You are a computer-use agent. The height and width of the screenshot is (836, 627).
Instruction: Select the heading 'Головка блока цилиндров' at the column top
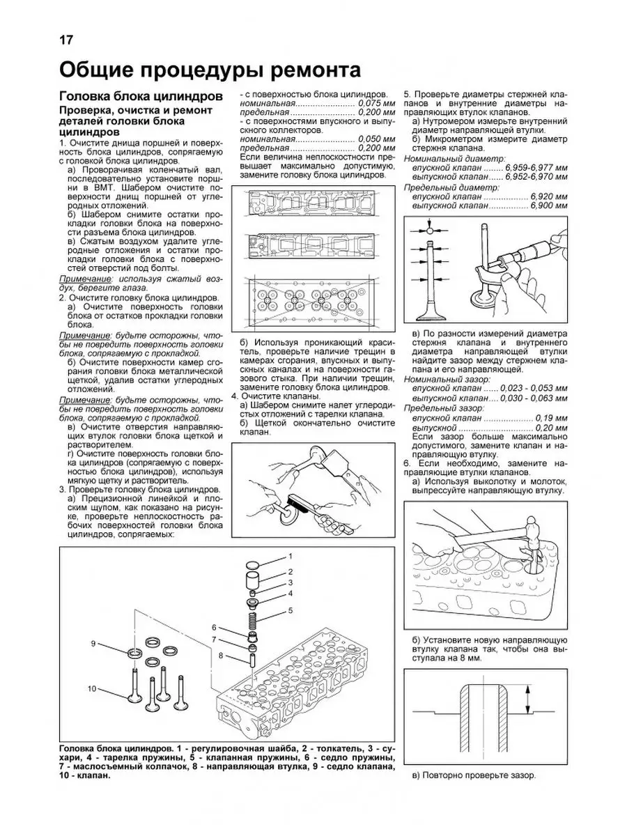pos(141,96)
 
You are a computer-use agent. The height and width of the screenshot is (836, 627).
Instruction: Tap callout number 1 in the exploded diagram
pos(291,555)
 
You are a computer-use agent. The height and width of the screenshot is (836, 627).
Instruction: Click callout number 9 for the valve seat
pos(93,642)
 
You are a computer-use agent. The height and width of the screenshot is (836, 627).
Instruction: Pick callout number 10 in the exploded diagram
pos(91,689)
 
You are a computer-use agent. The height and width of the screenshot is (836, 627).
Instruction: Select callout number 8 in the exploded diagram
pos(220,656)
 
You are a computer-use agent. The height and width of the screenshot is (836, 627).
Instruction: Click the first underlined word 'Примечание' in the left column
pos(83,278)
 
